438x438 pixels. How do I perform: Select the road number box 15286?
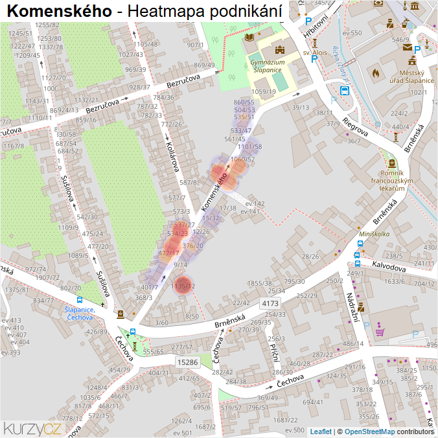(187, 362)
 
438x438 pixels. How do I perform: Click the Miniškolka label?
(375, 233)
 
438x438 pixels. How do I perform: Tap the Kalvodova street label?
(389, 266)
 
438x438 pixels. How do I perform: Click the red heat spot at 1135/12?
(183, 286)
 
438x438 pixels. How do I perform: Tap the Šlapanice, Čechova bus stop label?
(79, 313)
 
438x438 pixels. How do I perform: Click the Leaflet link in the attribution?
(321, 431)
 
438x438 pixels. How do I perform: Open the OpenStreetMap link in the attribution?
(369, 431)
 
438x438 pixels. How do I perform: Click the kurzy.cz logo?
(32, 428)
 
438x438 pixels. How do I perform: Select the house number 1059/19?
(264, 92)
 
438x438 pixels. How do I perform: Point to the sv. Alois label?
(314, 52)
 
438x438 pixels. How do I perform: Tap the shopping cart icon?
(380, 332)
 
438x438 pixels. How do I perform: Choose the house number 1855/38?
(260, 283)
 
